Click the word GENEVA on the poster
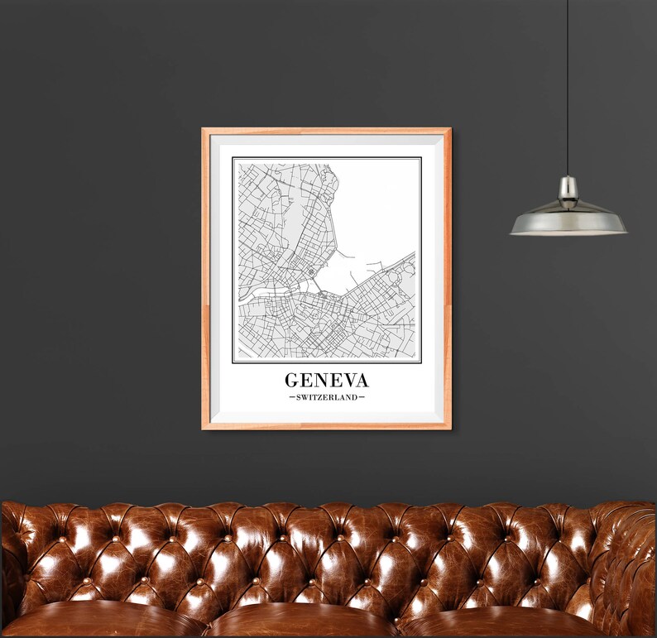pos(327,380)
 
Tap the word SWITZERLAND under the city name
pos(327,398)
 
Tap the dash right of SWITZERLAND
pos(362,398)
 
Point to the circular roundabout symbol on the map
pos(310,271)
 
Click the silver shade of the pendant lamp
pos(568,219)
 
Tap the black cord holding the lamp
pos(568,83)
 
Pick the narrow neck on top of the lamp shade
pos(568,187)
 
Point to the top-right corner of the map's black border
pos(420,158)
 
